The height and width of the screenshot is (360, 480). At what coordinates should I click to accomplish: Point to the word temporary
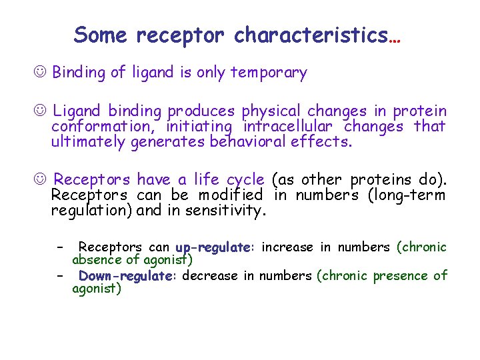269,73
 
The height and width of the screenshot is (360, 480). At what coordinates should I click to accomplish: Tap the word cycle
245,181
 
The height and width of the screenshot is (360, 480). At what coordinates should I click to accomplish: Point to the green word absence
97,260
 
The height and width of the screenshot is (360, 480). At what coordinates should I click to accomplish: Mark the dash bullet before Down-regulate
60,276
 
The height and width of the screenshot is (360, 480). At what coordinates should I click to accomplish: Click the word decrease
209,276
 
